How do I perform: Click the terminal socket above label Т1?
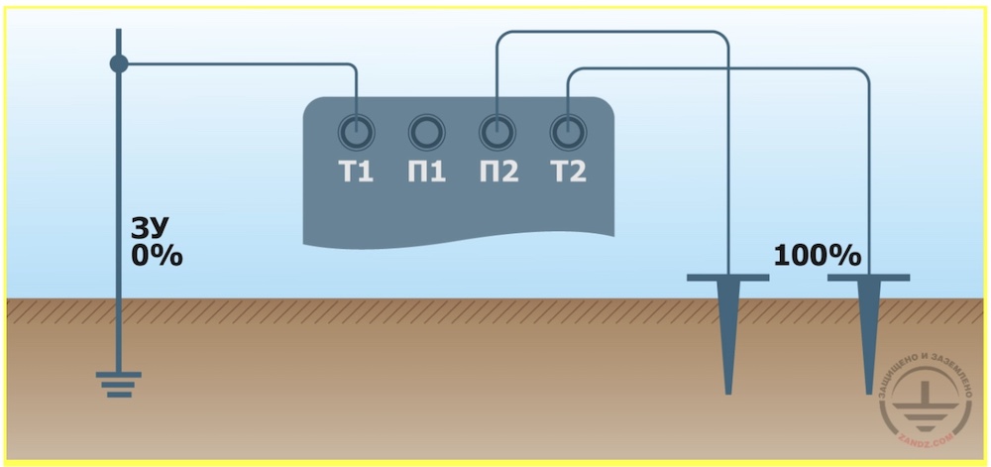point(357,133)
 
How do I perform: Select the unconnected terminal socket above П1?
point(427,133)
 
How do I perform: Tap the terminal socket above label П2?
point(497,133)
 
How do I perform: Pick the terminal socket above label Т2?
point(568,133)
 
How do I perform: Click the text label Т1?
point(356,172)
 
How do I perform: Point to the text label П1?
point(426,172)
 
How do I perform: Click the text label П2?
point(498,172)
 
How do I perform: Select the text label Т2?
point(568,172)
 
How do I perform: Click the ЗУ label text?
point(150,229)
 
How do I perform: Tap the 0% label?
point(157,256)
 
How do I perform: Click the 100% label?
point(818,256)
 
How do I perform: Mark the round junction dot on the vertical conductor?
point(119,63)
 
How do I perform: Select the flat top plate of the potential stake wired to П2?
point(728,278)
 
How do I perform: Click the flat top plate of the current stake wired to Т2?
point(868,278)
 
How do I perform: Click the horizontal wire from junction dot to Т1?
point(237,63)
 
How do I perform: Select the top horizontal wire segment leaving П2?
point(612,32)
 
